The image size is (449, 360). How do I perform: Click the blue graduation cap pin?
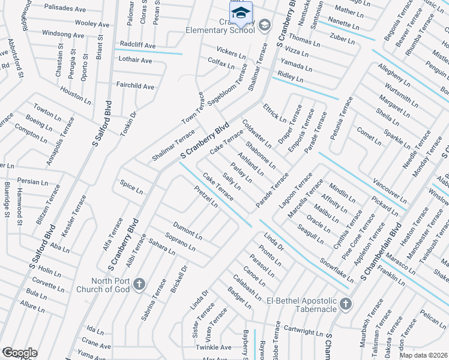point(240,13)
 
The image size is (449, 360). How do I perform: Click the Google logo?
point(19,353)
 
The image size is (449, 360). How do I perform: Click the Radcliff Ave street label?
point(137,46)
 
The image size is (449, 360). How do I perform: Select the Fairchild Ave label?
point(135,86)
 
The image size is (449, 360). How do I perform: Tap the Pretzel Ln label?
point(206,196)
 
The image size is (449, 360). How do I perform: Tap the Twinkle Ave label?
point(213,347)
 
